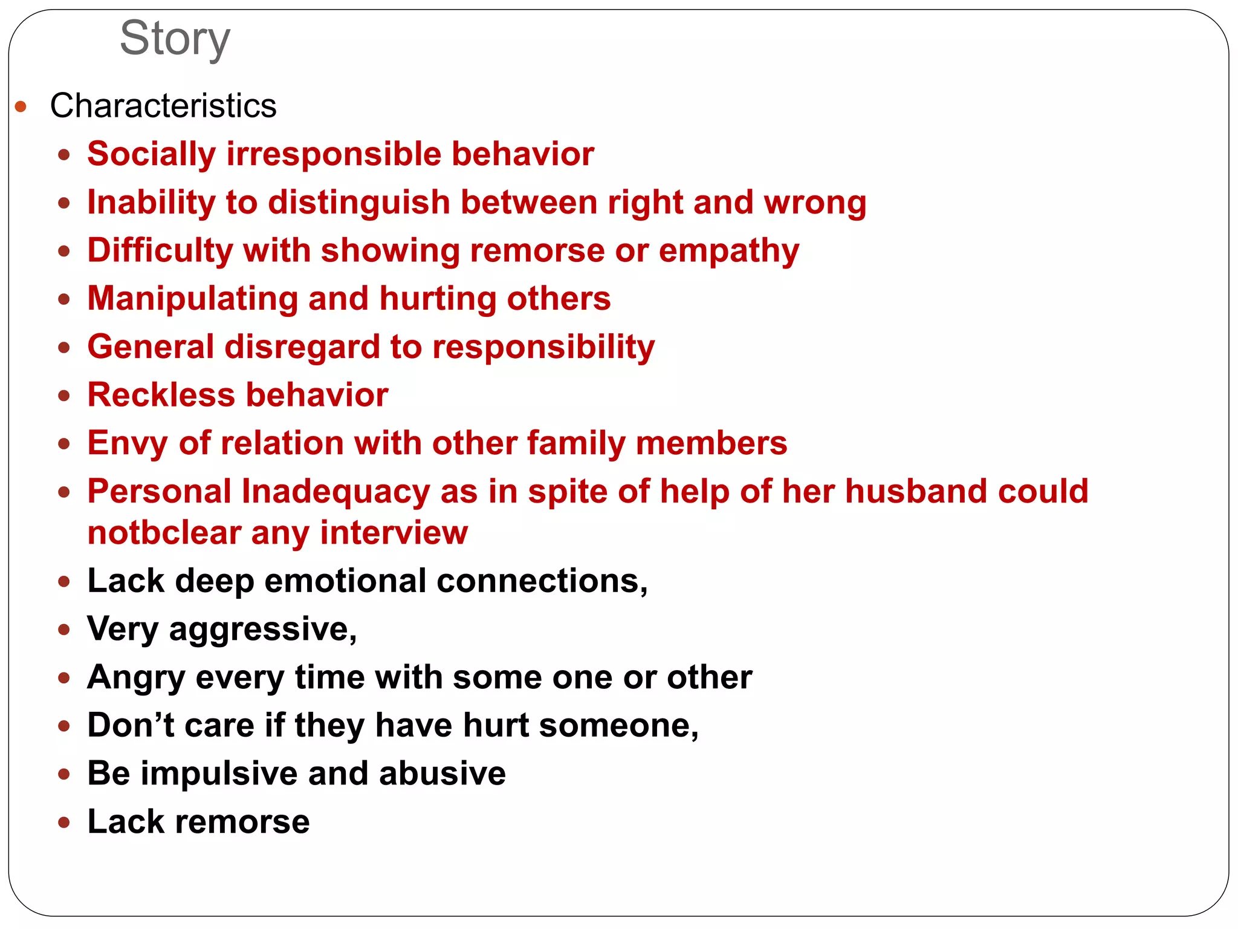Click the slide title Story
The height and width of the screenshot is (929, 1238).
pyautogui.click(x=175, y=39)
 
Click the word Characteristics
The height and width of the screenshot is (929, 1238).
pyautogui.click(x=163, y=106)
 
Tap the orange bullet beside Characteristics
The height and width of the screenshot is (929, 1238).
pyautogui.click(x=21, y=107)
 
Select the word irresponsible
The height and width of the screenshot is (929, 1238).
pyautogui.click(x=334, y=154)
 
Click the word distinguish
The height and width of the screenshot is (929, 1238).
pyautogui.click(x=359, y=202)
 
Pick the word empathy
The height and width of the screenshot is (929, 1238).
pyautogui.click(x=728, y=250)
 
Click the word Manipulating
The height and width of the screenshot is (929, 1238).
pyautogui.click(x=193, y=299)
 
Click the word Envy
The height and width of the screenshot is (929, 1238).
pyautogui.click(x=127, y=443)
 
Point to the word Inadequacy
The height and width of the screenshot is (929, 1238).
pyautogui.click(x=335, y=491)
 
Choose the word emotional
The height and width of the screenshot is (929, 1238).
pyautogui.click(x=345, y=581)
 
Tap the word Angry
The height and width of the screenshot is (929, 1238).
pyautogui.click(x=136, y=677)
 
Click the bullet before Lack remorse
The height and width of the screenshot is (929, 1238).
pyautogui.click(x=64, y=822)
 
